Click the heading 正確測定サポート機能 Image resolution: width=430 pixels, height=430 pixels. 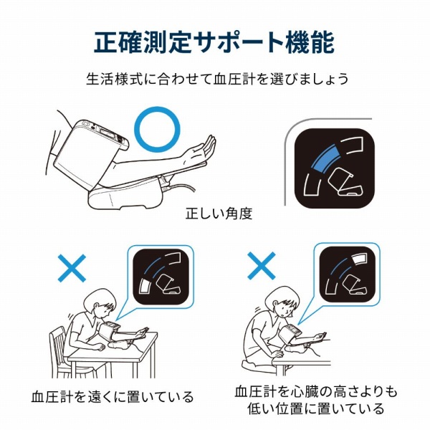(214, 42)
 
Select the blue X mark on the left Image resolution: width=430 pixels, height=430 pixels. (72, 267)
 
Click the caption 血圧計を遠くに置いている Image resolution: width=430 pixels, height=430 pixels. (113, 396)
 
